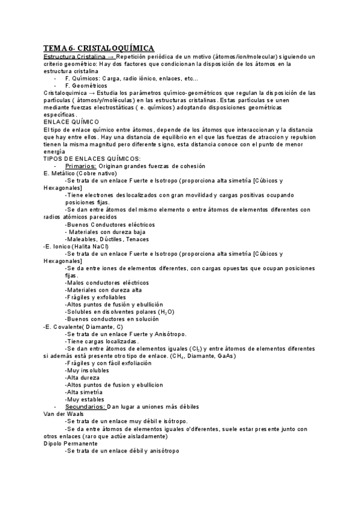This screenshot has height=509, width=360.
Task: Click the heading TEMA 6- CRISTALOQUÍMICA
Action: click(99, 47)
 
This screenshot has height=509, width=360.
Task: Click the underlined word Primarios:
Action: click(80, 165)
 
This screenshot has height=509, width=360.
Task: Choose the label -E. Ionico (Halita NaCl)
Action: click(77, 245)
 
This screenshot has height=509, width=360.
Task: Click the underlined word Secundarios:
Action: click(85, 407)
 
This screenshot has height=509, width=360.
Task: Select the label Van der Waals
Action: click(64, 414)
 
